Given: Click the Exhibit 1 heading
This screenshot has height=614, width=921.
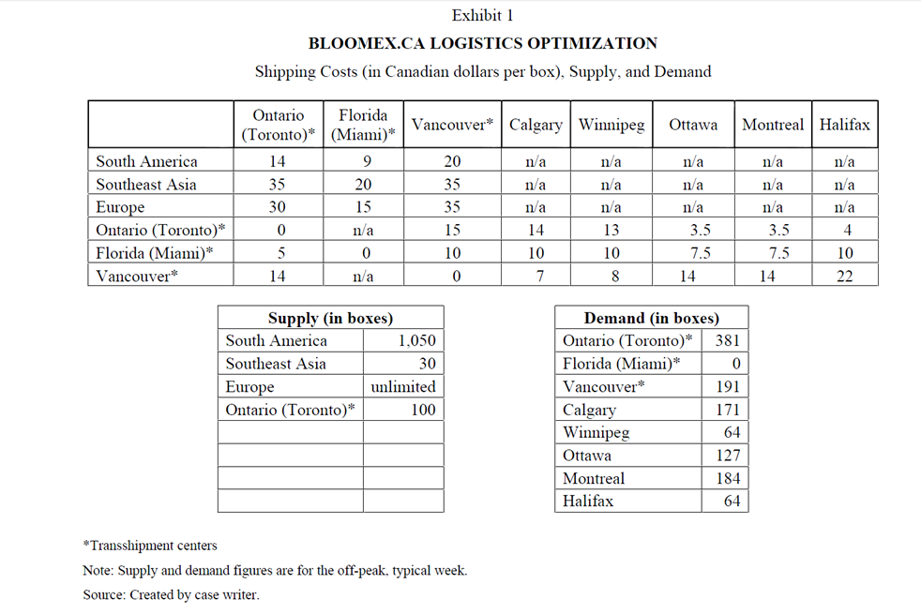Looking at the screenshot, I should pyautogui.click(x=482, y=15).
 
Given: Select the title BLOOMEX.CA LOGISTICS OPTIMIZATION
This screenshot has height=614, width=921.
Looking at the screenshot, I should pyautogui.click(x=482, y=43).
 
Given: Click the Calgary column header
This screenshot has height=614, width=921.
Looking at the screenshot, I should pyautogui.click(x=536, y=125).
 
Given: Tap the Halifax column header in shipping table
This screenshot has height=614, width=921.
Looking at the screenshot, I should pyautogui.click(x=844, y=125).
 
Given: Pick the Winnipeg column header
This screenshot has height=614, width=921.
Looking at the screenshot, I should pyautogui.click(x=611, y=125).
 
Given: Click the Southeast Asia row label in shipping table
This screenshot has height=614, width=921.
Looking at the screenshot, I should pyautogui.click(x=146, y=185).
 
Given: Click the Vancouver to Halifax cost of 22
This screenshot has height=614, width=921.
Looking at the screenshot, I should pyautogui.click(x=844, y=277).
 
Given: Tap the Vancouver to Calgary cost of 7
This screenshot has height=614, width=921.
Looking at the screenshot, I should pyautogui.click(x=536, y=277).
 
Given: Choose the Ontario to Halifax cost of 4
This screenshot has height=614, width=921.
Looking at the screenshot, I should pyautogui.click(x=844, y=231).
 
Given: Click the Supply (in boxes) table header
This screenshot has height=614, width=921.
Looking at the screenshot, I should pyautogui.click(x=330, y=318).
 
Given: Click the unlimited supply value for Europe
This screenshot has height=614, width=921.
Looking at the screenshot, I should pyautogui.click(x=403, y=387).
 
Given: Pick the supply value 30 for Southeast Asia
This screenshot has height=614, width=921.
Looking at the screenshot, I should pyautogui.click(x=427, y=364).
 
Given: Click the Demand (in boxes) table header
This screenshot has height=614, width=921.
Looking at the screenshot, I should pyautogui.click(x=651, y=318).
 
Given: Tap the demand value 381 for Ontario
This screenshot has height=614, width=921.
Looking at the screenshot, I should pyautogui.click(x=727, y=341).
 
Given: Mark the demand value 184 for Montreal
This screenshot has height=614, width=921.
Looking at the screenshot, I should pyautogui.click(x=727, y=478).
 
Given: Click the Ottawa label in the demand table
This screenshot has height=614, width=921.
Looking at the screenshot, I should pyautogui.click(x=587, y=456).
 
